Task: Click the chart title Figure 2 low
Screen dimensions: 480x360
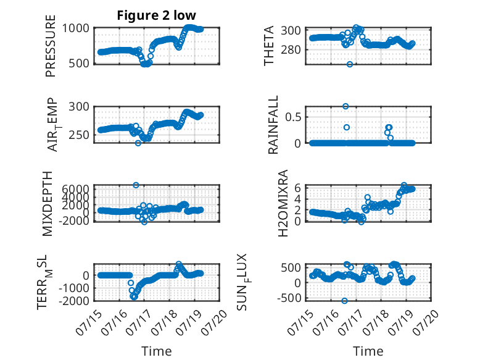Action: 157,15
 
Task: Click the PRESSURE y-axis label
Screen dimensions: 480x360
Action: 51,46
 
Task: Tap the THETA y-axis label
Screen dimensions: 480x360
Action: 269,46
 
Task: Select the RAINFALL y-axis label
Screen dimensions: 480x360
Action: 273,125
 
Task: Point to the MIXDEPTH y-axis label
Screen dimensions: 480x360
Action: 48,204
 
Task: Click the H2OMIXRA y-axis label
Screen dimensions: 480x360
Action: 283,203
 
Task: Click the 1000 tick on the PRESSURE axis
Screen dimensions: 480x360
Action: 76,28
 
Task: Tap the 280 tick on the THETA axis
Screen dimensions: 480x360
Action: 291,49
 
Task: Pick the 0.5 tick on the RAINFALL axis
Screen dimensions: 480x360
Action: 293,117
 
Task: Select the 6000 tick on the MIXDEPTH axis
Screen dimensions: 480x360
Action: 75,189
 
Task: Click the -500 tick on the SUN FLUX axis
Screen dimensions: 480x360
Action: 289,298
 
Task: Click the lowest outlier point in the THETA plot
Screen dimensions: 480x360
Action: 350,64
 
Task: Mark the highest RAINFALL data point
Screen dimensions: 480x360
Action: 346,106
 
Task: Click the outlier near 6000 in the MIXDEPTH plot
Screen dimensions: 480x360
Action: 136,185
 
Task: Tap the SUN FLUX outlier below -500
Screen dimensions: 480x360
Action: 344,301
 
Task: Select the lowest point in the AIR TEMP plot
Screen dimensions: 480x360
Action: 138,143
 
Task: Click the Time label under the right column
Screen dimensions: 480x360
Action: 368,351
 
